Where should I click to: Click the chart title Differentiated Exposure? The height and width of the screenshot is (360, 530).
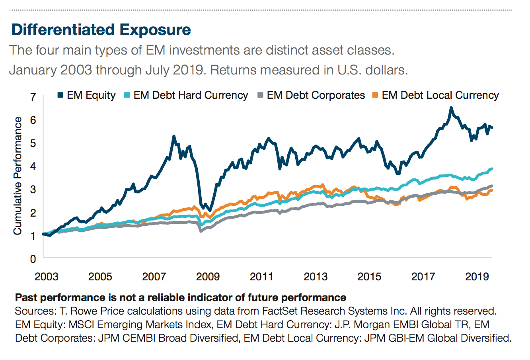tap(101, 30)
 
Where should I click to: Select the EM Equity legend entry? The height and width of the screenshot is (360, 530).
tap(91, 96)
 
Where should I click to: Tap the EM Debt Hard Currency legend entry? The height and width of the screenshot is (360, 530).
tap(190, 96)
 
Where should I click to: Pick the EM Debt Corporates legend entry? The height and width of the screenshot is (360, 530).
tap(316, 96)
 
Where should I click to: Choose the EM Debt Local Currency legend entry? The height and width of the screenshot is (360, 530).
tap(440, 96)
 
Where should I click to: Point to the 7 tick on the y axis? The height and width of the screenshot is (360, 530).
tap(33, 97)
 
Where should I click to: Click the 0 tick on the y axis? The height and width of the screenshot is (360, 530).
tap(33, 259)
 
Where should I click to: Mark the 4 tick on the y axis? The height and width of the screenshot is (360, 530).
tap(33, 166)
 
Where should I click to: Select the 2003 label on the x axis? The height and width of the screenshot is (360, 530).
tap(46, 276)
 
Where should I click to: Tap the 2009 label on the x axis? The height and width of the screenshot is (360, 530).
tap(208, 276)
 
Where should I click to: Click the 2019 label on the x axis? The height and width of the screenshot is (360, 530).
tap(477, 276)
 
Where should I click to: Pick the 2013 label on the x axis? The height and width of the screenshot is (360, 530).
tap(316, 276)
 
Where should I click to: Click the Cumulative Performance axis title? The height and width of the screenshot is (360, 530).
tap(18, 176)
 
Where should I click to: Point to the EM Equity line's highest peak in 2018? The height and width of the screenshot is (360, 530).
tap(451, 108)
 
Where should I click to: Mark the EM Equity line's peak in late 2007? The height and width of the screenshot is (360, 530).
tap(174, 136)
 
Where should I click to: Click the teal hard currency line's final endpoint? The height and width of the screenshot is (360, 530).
tap(492, 169)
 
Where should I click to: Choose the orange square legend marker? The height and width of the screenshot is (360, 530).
tap(375, 96)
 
